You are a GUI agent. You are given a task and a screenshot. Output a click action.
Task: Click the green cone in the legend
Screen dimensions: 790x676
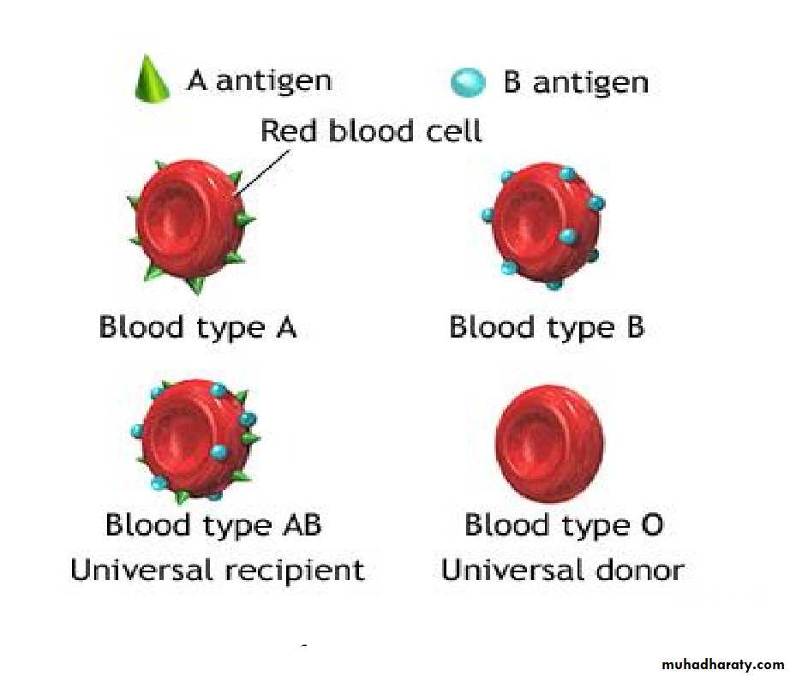152,79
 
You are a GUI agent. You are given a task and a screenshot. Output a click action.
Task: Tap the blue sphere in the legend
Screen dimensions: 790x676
468,82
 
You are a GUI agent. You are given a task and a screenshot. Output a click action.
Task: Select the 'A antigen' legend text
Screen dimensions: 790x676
259,81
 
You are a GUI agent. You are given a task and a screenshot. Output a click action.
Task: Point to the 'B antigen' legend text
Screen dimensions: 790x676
576,81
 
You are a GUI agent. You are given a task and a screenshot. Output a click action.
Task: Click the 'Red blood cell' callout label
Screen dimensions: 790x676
371,131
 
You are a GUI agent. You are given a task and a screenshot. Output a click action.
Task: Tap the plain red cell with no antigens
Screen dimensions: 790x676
549,443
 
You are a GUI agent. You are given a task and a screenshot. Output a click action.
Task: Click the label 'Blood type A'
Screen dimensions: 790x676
197,327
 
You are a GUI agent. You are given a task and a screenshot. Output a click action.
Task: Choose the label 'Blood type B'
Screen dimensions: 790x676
547,327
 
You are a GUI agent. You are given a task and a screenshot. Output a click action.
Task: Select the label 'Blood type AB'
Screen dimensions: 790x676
213,524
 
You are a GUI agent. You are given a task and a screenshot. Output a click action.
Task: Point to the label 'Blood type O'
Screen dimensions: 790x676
564,524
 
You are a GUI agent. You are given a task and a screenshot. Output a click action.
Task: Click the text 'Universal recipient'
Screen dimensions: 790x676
218,571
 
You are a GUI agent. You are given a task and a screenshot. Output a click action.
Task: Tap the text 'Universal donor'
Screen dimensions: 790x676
563,570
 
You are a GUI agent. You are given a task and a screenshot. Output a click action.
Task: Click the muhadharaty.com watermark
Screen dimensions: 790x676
722,664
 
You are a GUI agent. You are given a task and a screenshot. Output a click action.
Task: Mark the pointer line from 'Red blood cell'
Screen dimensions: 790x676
261,173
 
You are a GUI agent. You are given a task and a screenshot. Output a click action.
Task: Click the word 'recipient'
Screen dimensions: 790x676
295,571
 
